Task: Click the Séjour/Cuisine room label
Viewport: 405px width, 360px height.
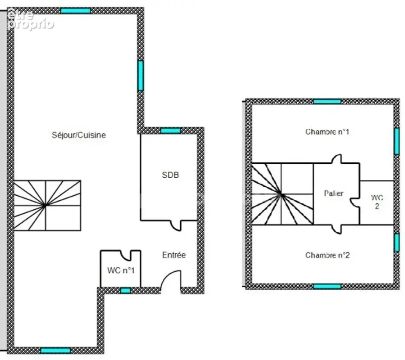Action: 79,135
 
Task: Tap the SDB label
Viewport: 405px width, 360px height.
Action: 170,175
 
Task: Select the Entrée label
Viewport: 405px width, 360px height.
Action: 174,255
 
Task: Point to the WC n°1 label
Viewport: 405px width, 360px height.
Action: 121,270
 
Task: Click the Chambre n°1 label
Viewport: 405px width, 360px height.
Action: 327,132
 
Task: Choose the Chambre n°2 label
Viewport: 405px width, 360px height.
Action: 327,255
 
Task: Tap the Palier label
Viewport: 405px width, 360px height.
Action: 334,193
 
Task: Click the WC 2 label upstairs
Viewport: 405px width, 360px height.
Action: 377,202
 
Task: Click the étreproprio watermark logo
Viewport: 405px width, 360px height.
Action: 31,19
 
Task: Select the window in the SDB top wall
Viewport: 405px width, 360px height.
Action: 170,130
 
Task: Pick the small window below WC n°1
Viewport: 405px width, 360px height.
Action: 126,291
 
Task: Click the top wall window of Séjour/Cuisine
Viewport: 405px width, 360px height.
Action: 76,11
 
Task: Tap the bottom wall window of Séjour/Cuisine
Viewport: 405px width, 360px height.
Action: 55,351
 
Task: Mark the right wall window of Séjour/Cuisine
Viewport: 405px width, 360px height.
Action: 141,76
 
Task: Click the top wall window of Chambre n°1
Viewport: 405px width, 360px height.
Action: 327,101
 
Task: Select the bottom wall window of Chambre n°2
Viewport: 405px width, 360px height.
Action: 327,286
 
